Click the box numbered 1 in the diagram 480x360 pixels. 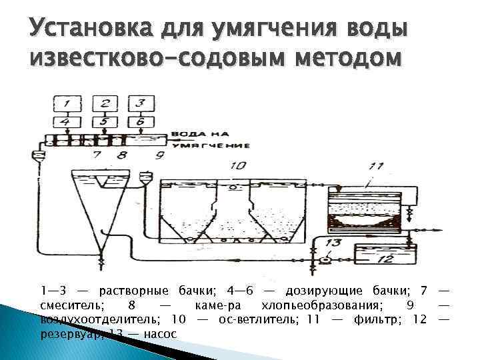(x=67, y=104)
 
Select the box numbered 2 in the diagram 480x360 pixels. (x=105, y=104)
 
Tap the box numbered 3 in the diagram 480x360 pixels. (x=140, y=104)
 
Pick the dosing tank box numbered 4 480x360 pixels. (x=67, y=122)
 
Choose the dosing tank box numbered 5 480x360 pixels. (x=105, y=122)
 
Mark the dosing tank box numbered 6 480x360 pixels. (x=140, y=122)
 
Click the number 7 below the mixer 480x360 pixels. (x=98, y=156)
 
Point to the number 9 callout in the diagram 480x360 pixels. (x=159, y=155)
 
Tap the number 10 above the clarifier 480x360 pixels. (x=237, y=165)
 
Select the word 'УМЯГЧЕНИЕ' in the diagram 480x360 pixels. (x=211, y=145)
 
